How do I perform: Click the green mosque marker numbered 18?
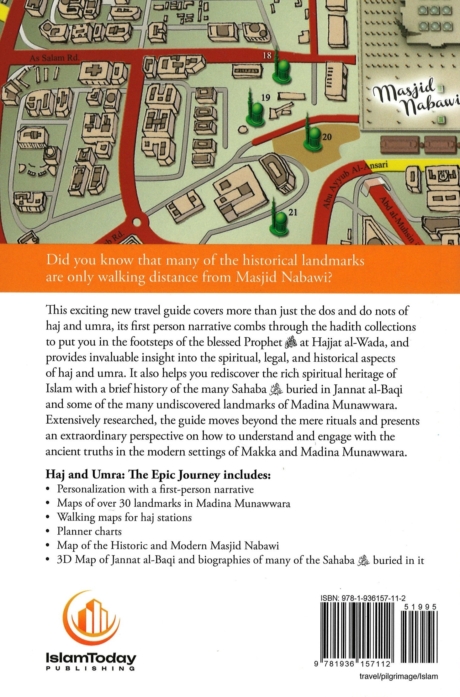(x=281, y=70)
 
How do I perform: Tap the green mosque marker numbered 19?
(x=256, y=111)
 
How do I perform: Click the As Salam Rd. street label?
(x=54, y=58)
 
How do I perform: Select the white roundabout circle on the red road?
(x=137, y=222)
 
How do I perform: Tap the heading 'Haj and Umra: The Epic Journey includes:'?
(x=158, y=474)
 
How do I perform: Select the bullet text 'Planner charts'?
(x=89, y=531)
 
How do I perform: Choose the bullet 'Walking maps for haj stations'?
(x=124, y=517)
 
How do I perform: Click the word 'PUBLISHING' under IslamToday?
(x=91, y=668)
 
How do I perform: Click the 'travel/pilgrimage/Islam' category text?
(x=399, y=676)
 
